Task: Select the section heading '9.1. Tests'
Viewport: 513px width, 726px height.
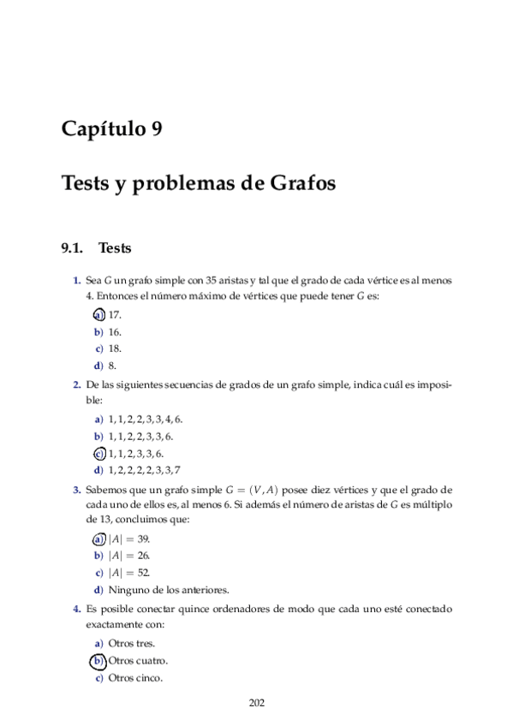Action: pyautogui.click(x=95, y=249)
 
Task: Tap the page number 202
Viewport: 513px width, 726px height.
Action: pyautogui.click(x=256, y=703)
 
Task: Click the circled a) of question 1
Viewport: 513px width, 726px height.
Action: pyautogui.click(x=98, y=314)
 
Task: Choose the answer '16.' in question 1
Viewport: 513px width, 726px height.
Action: pyautogui.click(x=115, y=331)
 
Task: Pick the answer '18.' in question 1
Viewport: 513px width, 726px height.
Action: pyautogui.click(x=115, y=348)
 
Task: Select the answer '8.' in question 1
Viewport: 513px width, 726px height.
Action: pyautogui.click(x=112, y=366)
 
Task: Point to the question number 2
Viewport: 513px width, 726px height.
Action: pyautogui.click(x=77, y=385)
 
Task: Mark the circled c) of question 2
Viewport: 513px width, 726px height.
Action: pyautogui.click(x=98, y=454)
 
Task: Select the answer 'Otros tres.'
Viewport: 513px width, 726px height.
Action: pyautogui.click(x=132, y=644)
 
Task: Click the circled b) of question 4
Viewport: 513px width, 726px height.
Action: pyautogui.click(x=98, y=661)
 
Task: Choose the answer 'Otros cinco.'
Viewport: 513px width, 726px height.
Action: pyautogui.click(x=135, y=678)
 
